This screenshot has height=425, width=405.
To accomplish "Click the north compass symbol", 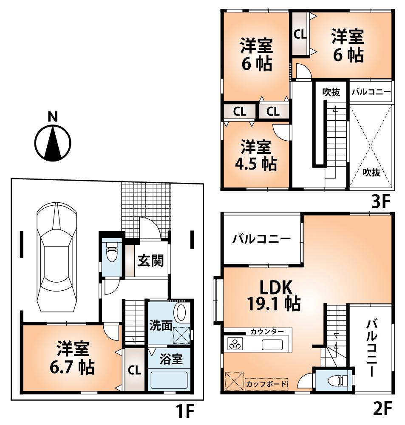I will (x=52, y=143).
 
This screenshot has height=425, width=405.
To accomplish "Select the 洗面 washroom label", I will (x=160, y=326).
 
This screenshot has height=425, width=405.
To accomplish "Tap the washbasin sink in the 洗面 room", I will (x=181, y=313).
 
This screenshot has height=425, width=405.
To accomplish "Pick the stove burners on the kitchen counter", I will (x=235, y=343).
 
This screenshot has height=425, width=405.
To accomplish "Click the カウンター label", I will (x=265, y=331).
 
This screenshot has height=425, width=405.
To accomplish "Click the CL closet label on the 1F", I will (x=135, y=370).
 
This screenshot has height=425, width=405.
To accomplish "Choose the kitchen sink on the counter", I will (x=273, y=344).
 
